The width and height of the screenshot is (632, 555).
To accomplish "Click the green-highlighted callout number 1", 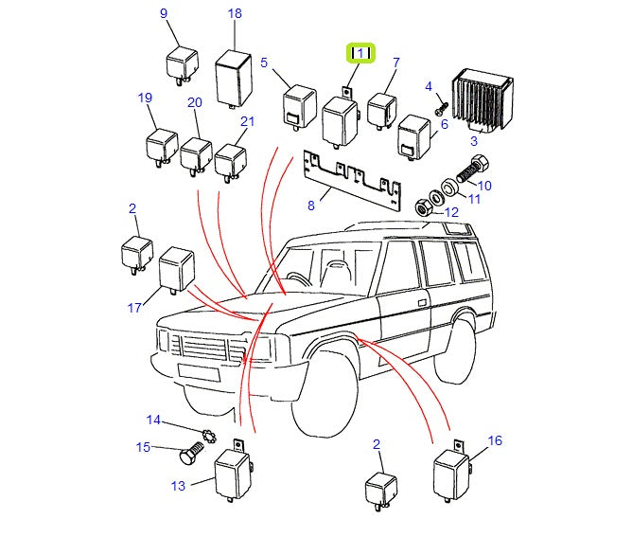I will pos(360,53).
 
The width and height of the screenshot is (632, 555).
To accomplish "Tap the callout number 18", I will pos(235,13).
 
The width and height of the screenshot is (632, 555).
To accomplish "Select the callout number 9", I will pos(163,13).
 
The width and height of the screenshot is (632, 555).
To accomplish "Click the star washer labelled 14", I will pos(208,439).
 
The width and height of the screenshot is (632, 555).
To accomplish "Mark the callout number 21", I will pos(247,121).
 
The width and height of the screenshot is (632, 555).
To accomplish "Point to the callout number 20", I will pos(195,102).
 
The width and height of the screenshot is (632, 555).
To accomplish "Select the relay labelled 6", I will pos(415,136).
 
